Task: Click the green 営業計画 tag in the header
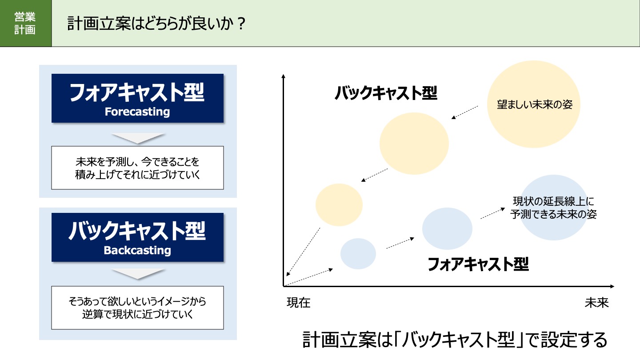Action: click(x=26, y=24)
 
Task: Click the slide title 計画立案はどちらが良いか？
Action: click(x=156, y=24)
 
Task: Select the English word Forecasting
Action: click(x=137, y=112)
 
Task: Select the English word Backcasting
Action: click(x=137, y=250)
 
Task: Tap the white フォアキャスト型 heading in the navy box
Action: click(x=137, y=92)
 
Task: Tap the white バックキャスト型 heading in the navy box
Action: click(x=137, y=231)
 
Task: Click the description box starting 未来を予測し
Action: click(x=137, y=168)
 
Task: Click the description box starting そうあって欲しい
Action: click(x=137, y=308)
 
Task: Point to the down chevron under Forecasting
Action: click(x=138, y=138)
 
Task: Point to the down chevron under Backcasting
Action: click(x=138, y=274)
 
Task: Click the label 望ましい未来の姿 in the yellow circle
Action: click(x=535, y=104)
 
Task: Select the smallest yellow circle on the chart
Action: click(x=339, y=205)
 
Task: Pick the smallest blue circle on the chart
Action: click(x=358, y=254)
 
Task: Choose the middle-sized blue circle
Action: click(x=447, y=228)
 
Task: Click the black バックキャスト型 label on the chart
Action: click(x=386, y=93)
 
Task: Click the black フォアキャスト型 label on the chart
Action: click(x=478, y=264)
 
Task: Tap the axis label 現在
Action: click(x=299, y=303)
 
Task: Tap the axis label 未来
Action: click(x=597, y=303)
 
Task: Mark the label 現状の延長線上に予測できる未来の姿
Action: click(x=553, y=208)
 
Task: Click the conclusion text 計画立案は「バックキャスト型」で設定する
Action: click(x=455, y=340)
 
